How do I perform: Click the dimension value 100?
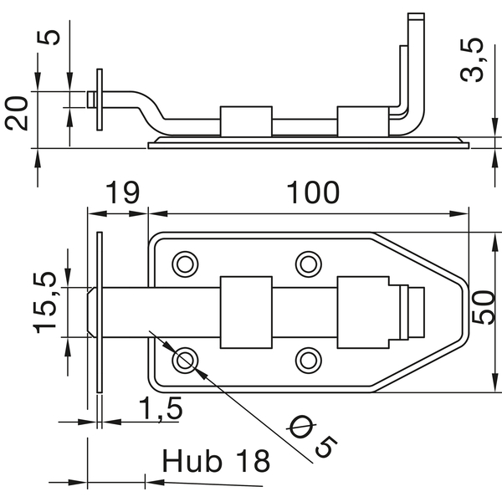tap(313, 192)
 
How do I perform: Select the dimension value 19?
tap(123, 192)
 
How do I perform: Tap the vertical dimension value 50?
tap(484, 308)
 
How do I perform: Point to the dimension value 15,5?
tap(45, 303)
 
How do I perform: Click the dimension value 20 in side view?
tap(16, 113)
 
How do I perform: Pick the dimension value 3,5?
tap(471, 60)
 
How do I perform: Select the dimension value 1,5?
tap(161, 408)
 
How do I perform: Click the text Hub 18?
tap(216, 460)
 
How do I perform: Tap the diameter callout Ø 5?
tap(312, 436)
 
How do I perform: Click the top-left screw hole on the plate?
tap(185, 264)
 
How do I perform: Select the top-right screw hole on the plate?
tap(308, 264)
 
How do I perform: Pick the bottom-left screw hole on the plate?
tap(185, 361)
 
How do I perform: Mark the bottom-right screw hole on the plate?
tap(308, 361)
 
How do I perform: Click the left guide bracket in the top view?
tap(246, 312)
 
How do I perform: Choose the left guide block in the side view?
tap(246, 121)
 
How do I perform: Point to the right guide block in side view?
tap(363, 121)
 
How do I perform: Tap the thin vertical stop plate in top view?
tap(100, 312)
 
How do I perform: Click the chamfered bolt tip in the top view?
tap(91, 312)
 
